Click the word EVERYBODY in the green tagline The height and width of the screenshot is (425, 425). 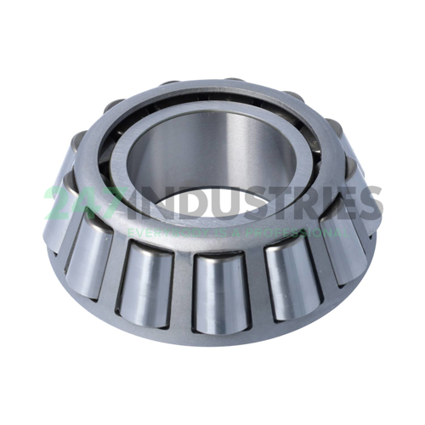click(x=158, y=232)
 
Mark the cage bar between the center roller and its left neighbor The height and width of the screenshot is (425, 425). click(x=181, y=285)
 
